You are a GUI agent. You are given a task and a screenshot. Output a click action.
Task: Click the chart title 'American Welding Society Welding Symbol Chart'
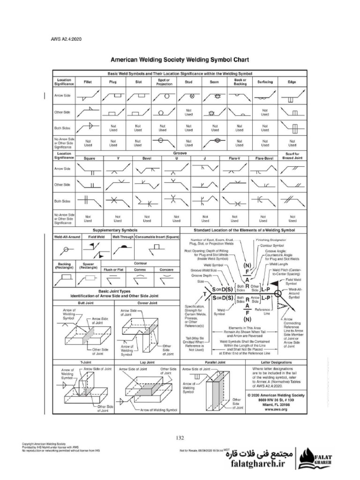pyautogui.click(x=180, y=60)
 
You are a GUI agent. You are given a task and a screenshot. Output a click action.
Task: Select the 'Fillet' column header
pyautogui.click(x=88, y=82)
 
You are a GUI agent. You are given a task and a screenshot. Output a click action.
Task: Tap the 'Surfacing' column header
pyautogui.click(x=265, y=82)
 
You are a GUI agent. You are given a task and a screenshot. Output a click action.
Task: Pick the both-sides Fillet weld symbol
pyautogui.click(x=88, y=127)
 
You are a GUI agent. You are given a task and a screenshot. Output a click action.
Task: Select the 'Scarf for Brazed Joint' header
pyautogui.click(x=292, y=156)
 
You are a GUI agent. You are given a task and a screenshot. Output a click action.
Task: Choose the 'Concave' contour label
pyautogui.click(x=166, y=270)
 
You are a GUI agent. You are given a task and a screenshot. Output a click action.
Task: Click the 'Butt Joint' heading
pyautogui.click(x=83, y=303)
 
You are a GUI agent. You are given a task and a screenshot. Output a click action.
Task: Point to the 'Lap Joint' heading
pyautogui.click(x=147, y=362)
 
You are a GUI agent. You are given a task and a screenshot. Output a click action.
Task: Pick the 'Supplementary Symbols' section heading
pyautogui.click(x=115, y=231)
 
